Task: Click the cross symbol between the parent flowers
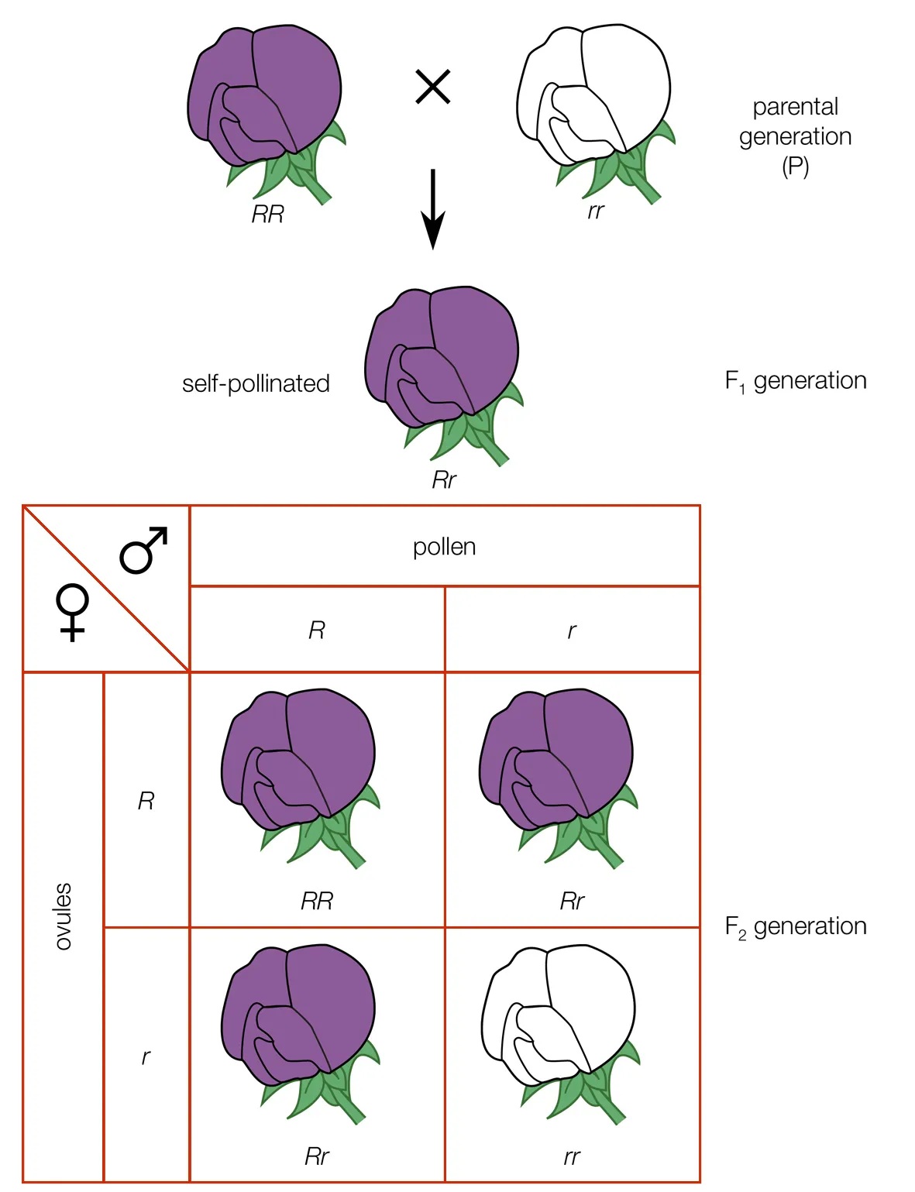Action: (x=433, y=87)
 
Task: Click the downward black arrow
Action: (x=433, y=209)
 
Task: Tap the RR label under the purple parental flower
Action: (x=268, y=214)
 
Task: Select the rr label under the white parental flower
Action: (x=596, y=211)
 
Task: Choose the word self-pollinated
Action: (x=256, y=383)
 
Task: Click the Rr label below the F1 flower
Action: (x=444, y=480)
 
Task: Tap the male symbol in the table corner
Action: (x=144, y=550)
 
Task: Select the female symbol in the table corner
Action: (x=72, y=612)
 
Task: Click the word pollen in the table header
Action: (x=445, y=547)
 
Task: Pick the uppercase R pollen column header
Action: (x=317, y=630)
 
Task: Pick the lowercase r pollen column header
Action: (x=572, y=630)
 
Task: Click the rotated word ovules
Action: (x=63, y=916)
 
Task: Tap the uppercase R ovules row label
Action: (x=146, y=802)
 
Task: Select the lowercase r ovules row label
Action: (x=146, y=1056)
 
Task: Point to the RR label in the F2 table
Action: (x=317, y=901)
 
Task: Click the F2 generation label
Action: (x=796, y=926)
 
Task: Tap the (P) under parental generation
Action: (x=796, y=167)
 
